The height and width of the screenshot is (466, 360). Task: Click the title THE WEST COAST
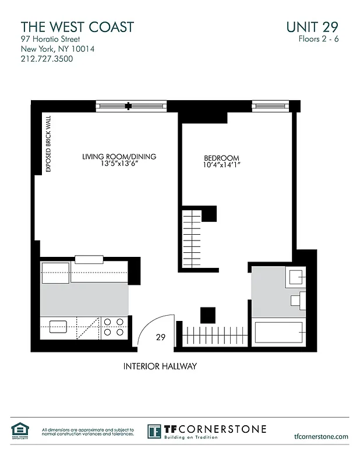click(x=77, y=27)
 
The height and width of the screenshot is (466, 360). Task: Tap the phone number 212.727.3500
click(x=47, y=59)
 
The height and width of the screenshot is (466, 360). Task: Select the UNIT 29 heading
click(x=312, y=27)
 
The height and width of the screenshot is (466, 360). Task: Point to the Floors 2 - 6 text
click(x=317, y=40)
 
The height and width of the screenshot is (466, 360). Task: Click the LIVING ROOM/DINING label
click(x=119, y=157)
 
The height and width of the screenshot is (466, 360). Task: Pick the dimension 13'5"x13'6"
click(x=119, y=164)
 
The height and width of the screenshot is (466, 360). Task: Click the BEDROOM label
click(x=221, y=158)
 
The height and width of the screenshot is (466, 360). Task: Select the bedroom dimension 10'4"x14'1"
click(x=221, y=166)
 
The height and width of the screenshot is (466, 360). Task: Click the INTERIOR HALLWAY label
click(x=160, y=367)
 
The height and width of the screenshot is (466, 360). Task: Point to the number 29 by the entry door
click(x=161, y=337)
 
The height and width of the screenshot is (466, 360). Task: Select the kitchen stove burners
click(x=113, y=327)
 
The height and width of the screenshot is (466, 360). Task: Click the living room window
click(x=132, y=106)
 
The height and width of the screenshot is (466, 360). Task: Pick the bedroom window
click(x=270, y=105)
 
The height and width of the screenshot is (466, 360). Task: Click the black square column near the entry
click(x=207, y=315)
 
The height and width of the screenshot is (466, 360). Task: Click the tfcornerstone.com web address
click(x=321, y=436)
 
